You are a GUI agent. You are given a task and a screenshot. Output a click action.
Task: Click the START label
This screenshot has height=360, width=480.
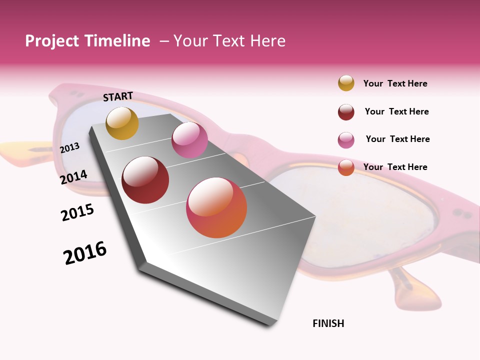(x=118, y=96)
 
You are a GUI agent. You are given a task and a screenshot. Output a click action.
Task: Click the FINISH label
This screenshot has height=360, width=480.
(x=328, y=323)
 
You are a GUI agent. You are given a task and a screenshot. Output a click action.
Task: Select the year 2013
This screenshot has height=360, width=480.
(x=70, y=147)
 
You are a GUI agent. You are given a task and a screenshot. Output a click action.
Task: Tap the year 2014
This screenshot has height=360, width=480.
(x=74, y=177)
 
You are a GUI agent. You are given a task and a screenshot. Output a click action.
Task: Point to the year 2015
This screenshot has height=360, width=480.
(x=77, y=212)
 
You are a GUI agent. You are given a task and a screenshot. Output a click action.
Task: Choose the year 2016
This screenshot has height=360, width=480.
(x=85, y=252)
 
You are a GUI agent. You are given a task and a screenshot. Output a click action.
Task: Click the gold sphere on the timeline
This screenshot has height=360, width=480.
(x=122, y=123)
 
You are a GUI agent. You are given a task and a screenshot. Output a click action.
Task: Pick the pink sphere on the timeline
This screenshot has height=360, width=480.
(x=189, y=140)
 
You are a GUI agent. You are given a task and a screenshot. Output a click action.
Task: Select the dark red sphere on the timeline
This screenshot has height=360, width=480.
(x=145, y=180)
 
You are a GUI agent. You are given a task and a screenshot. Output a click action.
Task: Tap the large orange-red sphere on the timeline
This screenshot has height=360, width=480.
(x=216, y=207)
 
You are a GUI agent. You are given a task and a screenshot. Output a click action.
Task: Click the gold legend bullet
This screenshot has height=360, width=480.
(x=346, y=83)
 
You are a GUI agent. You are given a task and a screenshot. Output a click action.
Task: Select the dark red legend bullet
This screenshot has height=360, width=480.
(x=346, y=112)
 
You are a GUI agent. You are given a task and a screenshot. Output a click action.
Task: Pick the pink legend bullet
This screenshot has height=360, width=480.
(x=346, y=140)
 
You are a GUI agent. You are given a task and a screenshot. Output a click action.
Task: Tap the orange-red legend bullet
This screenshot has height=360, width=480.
(x=346, y=167)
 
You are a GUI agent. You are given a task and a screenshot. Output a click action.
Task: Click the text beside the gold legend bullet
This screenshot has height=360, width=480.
(x=395, y=83)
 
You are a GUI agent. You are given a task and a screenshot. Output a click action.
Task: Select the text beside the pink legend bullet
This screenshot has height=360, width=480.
(x=397, y=139)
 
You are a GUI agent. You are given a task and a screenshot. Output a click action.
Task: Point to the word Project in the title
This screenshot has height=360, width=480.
(x=52, y=41)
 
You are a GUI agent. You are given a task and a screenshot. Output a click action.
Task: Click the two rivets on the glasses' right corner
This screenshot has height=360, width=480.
(x=462, y=213)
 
